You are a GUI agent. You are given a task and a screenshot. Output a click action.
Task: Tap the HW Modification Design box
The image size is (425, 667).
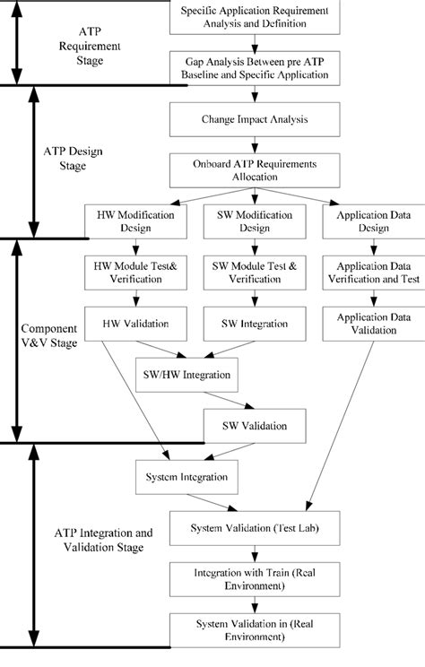coord(131,221)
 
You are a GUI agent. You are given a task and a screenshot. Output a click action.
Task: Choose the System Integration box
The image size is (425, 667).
coord(186,476)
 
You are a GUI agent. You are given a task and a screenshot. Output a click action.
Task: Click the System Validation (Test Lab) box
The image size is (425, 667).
coord(255,529)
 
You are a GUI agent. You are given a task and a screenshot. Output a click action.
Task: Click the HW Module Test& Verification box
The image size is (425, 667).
coord(131,272)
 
